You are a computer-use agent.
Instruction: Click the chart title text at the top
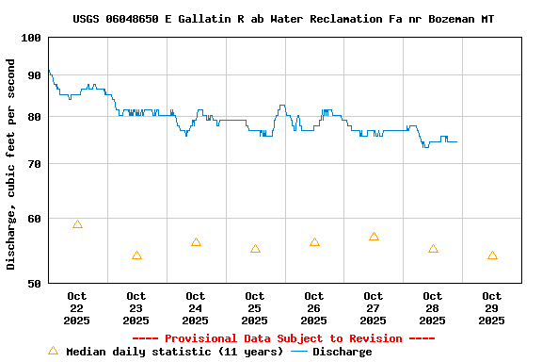283,19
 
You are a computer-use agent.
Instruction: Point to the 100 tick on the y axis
30,38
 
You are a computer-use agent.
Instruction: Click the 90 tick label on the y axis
34,75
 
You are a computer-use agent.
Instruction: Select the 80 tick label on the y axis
34,117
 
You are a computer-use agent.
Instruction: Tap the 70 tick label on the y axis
34,164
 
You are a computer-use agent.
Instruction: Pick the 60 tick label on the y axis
34,219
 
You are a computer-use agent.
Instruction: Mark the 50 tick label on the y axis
34,283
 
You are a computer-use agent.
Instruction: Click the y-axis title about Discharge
11,164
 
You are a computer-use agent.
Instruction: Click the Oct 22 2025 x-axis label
77,308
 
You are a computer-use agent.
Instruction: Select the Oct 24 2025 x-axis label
196,308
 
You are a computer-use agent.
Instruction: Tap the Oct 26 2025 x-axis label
314,308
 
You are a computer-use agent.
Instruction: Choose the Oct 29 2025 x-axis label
492,308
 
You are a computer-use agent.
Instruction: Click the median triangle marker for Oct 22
77,224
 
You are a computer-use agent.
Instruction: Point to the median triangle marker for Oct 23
136,255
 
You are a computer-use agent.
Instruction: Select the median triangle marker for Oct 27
374,237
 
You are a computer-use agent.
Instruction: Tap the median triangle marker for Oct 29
492,255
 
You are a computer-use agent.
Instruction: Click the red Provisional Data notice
283,338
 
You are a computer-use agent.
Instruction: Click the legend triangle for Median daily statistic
53,351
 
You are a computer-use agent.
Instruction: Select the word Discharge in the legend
342,352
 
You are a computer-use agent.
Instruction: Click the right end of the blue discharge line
456,141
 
